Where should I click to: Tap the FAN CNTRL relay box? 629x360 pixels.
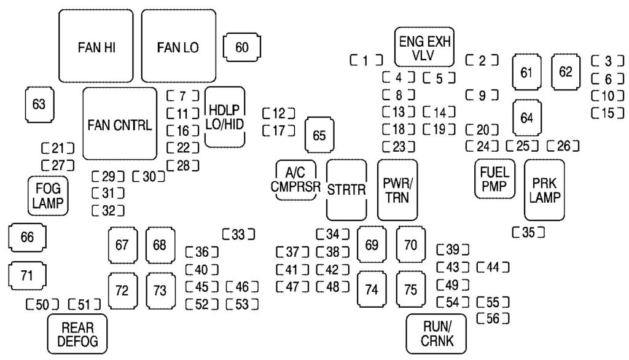[x=119, y=123]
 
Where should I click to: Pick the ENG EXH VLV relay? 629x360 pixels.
[x=424, y=47]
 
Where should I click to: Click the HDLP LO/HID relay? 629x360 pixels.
[x=225, y=117]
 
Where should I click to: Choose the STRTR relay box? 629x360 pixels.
[x=346, y=190]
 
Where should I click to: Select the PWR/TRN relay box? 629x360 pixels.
[x=397, y=190]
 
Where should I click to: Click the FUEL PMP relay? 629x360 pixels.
[x=494, y=179]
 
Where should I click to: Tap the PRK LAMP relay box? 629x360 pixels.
[x=544, y=190]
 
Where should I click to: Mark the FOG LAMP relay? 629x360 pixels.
[x=47, y=195]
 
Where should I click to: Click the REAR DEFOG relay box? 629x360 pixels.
[x=76, y=334]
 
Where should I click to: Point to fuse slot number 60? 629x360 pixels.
[x=242, y=48]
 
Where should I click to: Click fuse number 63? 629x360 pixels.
[x=39, y=104]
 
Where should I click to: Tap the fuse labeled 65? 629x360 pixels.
[x=319, y=136]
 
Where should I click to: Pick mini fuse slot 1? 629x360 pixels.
[x=365, y=60]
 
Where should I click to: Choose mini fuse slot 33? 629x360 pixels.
[x=238, y=234]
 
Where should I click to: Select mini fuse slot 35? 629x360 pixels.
[x=528, y=232]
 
